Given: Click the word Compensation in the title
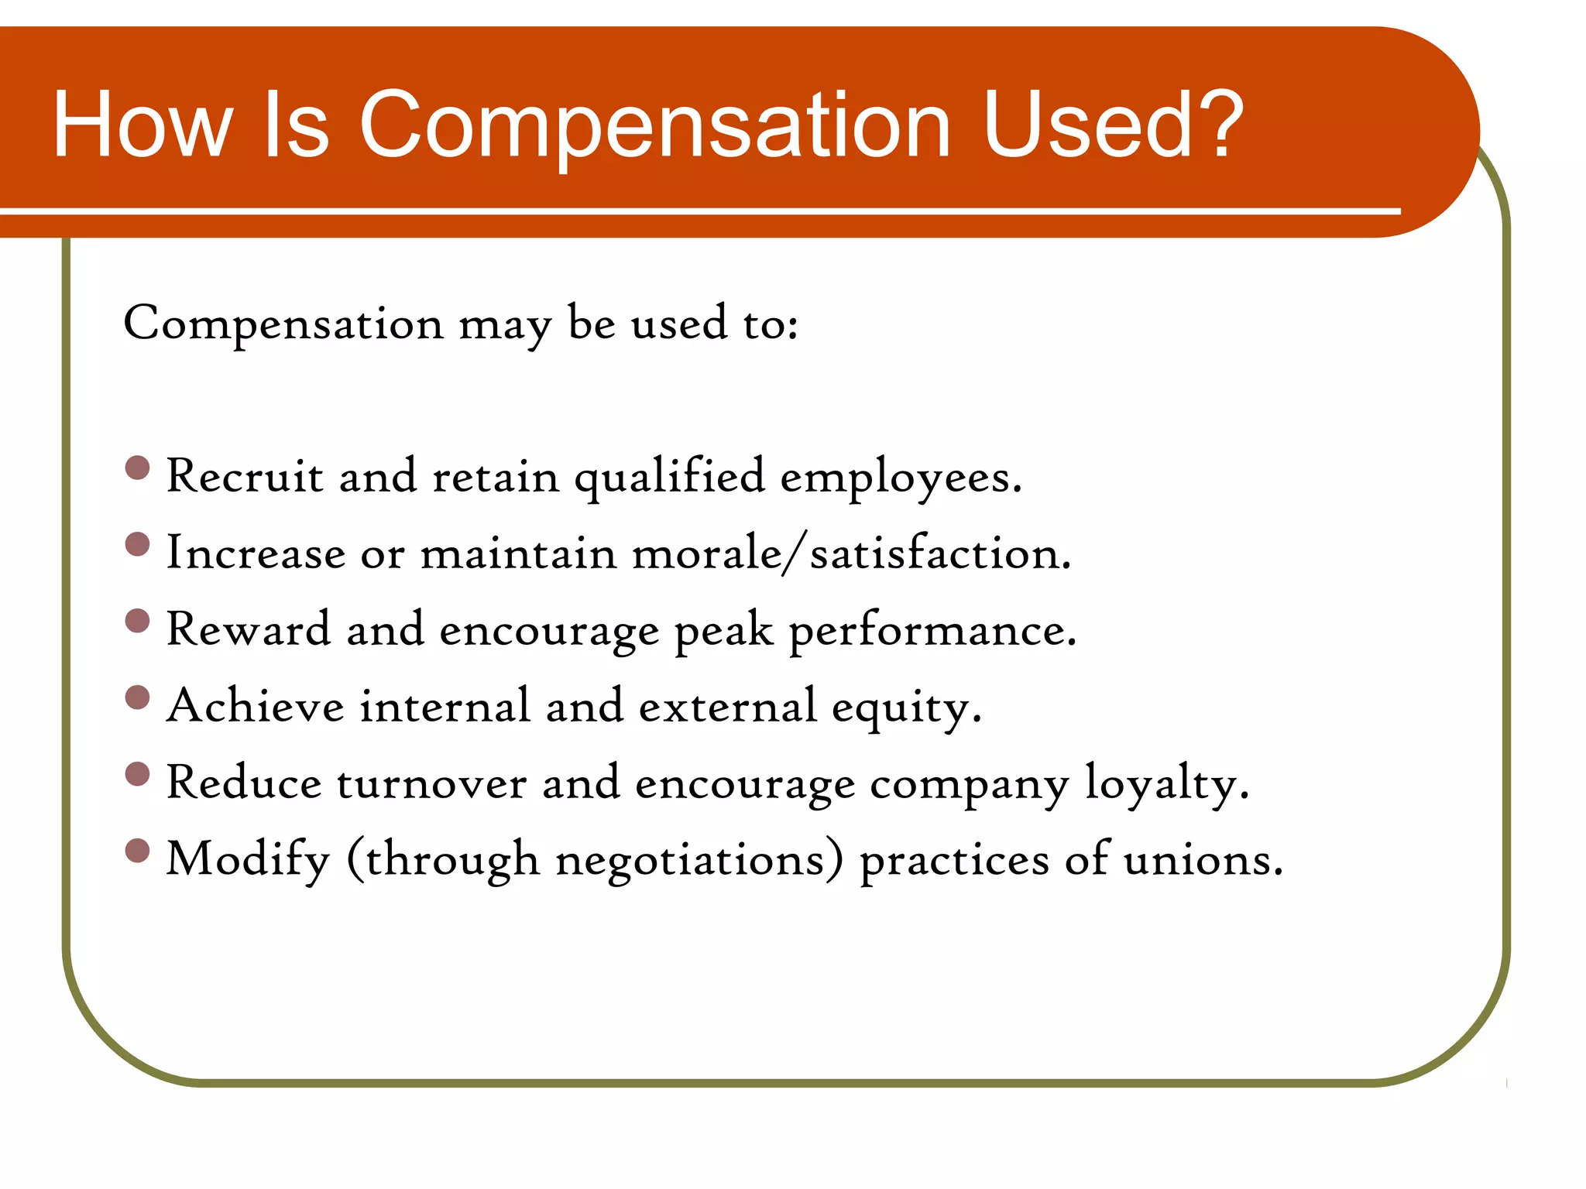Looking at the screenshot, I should pos(654,125).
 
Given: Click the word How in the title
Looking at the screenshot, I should pos(143,125).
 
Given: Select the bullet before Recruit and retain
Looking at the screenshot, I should pos(137,468).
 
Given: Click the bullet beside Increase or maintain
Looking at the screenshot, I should pos(137,545).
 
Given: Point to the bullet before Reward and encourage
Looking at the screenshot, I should pos(137,622).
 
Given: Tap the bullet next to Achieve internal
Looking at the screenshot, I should pos(137,698).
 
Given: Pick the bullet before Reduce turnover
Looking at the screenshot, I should pos(137,775).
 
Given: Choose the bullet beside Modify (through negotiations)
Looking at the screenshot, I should pos(137,851).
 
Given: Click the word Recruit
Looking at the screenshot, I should pos(244,475).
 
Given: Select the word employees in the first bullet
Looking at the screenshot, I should pos(900,477).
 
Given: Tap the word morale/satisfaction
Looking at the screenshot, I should pos(852,553).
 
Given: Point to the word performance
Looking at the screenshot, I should pos(932,630).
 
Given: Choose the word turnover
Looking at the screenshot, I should pos(432,783).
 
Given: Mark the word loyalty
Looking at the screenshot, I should pos(1166,783).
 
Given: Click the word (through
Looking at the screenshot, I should pos(443,860).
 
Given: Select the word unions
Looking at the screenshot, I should pos(1203,860).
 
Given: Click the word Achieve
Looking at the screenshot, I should pos(256,706).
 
